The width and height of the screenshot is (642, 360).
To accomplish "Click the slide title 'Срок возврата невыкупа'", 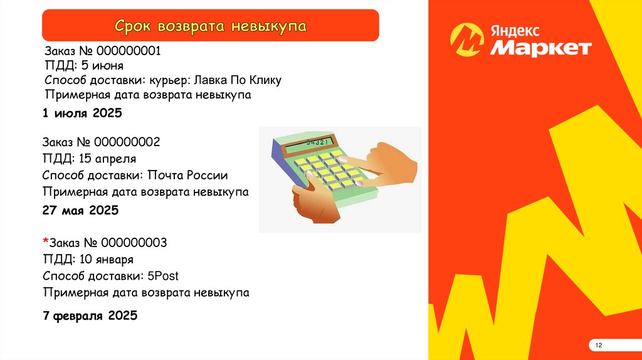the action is pos(211,26).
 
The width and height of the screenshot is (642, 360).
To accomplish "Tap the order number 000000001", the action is pos(129,51).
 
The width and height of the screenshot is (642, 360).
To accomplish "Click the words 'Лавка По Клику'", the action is pos(238,80).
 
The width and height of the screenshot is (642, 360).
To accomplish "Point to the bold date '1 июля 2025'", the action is pos(82,113).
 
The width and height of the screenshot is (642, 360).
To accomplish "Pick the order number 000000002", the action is pos(127,142).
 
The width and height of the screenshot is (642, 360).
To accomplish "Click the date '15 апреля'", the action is pos(107,159).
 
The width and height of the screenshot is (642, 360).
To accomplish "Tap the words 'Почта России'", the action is pos(187,175).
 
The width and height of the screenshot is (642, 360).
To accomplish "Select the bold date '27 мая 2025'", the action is pos(81,211).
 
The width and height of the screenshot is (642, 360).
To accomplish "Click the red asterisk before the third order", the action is pos(45,241).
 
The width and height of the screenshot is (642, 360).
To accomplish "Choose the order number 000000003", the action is pos(134,243).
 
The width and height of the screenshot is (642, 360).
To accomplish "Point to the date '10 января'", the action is pos(107,260).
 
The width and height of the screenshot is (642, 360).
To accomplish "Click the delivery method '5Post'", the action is pos(163,276).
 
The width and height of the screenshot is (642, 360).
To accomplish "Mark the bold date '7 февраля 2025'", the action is pos(90,315).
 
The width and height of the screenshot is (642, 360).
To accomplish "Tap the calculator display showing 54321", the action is pos(310,144).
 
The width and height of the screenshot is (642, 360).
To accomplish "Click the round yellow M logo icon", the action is pos(466,40).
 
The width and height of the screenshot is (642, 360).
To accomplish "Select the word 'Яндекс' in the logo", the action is pos(515,31).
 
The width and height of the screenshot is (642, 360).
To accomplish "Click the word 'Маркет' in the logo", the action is pos(541,48).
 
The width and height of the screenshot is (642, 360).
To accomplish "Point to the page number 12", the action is pos(599,345).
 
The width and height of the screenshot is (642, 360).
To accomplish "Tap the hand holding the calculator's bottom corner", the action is pos(316,201).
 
